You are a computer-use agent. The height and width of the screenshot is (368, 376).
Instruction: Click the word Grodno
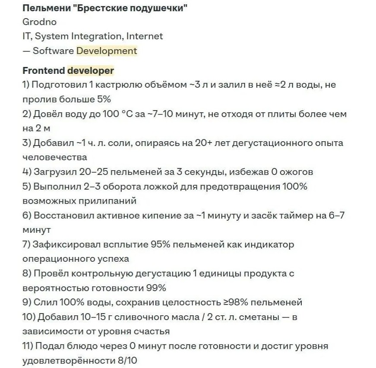pos(39,22)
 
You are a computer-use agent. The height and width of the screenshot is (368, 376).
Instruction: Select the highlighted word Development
pos(107,51)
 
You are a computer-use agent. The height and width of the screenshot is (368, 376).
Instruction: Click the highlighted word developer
pos(91,70)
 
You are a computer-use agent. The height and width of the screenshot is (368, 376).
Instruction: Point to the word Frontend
pos(43,70)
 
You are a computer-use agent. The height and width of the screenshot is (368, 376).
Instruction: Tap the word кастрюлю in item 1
pos(114,85)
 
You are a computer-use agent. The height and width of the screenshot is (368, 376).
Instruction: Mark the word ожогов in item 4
pos(298,172)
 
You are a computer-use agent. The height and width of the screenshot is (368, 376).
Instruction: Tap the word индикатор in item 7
pos(270,244)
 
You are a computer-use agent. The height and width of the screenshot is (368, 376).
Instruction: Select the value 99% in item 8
pos(156,288)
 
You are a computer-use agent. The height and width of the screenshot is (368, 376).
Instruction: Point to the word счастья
pos(149,332)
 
